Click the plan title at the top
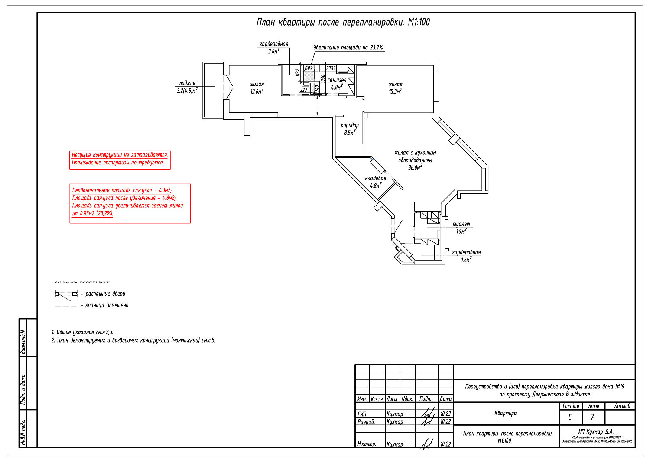pyautogui.click(x=343, y=22)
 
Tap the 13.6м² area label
pyautogui.click(x=257, y=91)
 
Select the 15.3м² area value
pyautogui.click(x=395, y=91)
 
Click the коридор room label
pyautogui.click(x=350, y=125)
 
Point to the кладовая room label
pyautogui.click(x=375, y=178)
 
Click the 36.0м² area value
pyautogui.click(x=415, y=168)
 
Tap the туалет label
pyautogui.click(x=461, y=224)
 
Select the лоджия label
pyautogui.click(x=187, y=83)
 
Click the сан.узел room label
pyautogui.click(x=336, y=80)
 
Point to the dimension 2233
pyautogui.click(x=331, y=68)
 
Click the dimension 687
pyautogui.click(x=309, y=68)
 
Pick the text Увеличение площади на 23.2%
pyautogui.click(x=348, y=48)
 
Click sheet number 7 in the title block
pyautogui.click(x=592, y=418)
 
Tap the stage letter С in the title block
pyautogui.click(x=570, y=418)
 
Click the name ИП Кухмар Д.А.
pyautogui.click(x=596, y=431)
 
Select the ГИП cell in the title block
pyautogui.click(x=362, y=414)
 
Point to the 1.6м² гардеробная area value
pyautogui.click(x=466, y=260)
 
